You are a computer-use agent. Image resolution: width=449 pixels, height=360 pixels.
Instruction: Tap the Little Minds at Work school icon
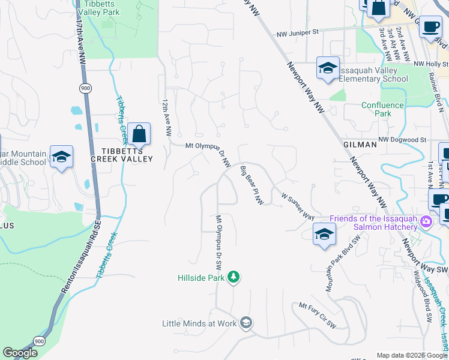(246, 323)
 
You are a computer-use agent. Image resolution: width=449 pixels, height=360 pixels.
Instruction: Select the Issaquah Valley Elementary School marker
(328, 69)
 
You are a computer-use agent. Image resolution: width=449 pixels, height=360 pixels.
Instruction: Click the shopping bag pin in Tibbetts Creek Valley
(139, 134)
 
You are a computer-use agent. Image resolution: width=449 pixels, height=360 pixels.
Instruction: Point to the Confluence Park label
(385, 109)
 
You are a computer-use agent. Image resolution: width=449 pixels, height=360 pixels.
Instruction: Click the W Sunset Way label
(298, 205)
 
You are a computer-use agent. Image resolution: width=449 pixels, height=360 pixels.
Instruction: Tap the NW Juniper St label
(297, 35)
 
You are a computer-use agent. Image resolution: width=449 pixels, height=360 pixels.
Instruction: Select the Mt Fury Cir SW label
(318, 316)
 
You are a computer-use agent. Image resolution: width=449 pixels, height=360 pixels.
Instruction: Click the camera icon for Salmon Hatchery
(426, 222)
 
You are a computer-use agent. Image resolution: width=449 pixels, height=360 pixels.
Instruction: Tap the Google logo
(20, 353)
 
